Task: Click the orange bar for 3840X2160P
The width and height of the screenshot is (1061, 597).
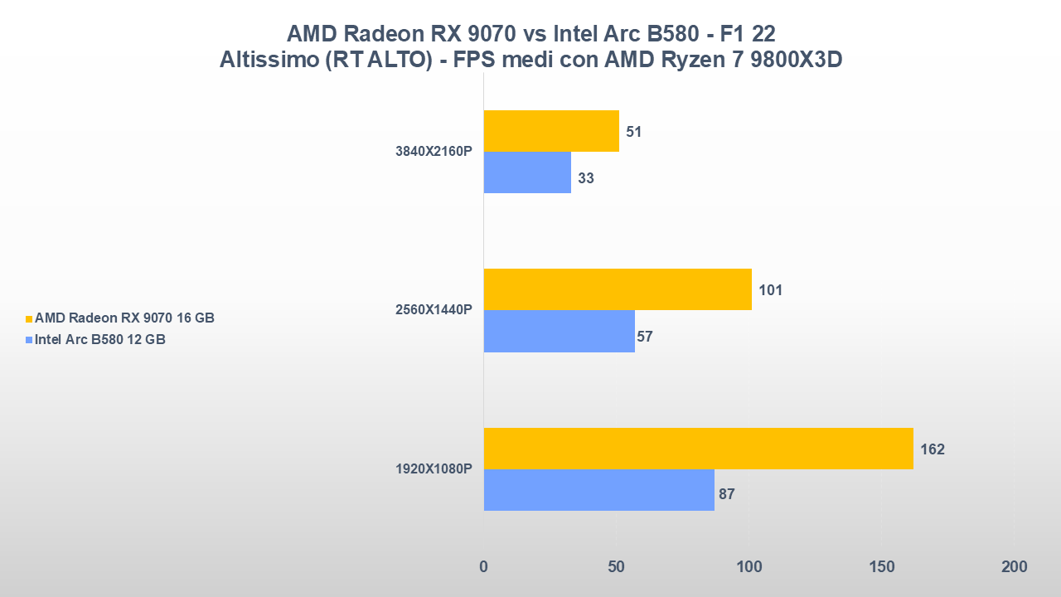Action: tap(551, 131)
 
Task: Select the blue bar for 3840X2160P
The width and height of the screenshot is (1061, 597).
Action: tap(527, 172)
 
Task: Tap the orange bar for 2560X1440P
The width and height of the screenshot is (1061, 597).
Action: tap(618, 289)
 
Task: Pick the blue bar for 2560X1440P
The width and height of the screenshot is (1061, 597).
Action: tap(559, 331)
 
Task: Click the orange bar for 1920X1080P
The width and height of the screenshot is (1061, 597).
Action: tap(698, 449)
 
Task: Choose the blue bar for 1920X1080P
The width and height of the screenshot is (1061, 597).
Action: tap(598, 490)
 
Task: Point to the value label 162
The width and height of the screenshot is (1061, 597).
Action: tap(933, 449)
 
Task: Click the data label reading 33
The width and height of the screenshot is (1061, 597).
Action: tap(586, 178)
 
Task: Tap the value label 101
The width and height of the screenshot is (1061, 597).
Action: tap(770, 290)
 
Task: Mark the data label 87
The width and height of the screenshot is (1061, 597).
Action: tap(727, 494)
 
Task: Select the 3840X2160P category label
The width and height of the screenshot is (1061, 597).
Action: tap(434, 152)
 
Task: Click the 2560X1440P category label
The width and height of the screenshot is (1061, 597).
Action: tap(434, 310)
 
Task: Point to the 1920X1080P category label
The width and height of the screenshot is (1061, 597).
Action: tap(434, 469)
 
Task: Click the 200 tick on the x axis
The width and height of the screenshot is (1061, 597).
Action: tap(1014, 567)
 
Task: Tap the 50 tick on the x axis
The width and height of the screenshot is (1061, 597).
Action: tap(616, 567)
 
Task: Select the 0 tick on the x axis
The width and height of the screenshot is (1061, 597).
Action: tap(483, 567)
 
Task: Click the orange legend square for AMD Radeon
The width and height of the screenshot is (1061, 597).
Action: tap(29, 318)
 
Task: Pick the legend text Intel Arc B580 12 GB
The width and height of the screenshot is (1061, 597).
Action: tap(100, 339)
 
